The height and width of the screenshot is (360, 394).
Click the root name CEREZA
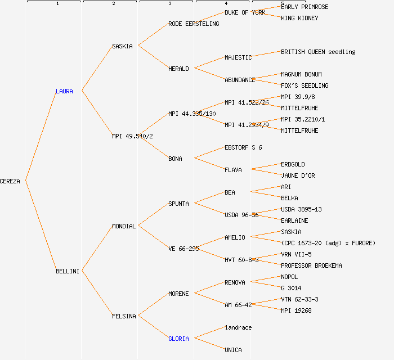[10, 181]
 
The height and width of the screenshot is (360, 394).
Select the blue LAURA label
[64, 91]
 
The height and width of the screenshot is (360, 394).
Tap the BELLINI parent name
[67, 271]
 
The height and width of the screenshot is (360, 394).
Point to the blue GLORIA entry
[178, 339]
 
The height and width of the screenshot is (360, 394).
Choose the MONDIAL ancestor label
[123, 226]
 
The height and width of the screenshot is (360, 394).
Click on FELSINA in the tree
[124, 316]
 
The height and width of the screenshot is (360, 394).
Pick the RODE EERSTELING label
[194, 24]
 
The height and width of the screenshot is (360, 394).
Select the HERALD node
[178, 69]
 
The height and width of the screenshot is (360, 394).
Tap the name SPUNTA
[178, 204]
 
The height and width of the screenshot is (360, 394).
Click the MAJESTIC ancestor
[238, 57]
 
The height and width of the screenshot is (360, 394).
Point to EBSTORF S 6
[243, 147]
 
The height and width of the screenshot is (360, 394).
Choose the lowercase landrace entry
[238, 327]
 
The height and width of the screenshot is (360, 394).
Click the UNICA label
[233, 350]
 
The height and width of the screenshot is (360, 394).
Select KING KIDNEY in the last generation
[299, 18]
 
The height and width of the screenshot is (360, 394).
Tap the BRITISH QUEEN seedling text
[318, 52]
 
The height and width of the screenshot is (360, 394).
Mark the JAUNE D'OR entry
[298, 175]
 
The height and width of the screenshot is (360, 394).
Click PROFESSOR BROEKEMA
[311, 265]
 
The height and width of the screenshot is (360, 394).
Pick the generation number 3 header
[169, 4]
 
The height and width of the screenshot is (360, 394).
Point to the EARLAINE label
[294, 220]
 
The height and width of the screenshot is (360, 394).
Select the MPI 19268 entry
[296, 310]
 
